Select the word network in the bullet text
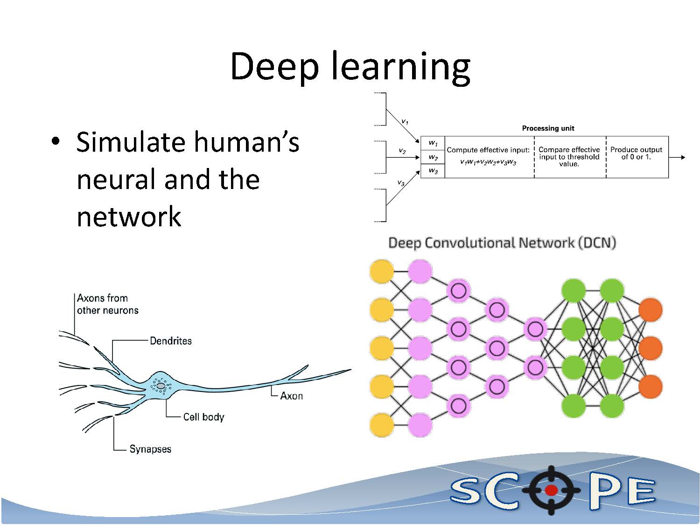(x=129, y=217)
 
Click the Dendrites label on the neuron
(x=170, y=341)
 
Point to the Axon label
(x=291, y=396)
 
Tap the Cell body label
(x=203, y=417)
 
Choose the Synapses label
(x=150, y=449)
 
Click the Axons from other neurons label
(x=107, y=304)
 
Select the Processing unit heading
(x=548, y=128)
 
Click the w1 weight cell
(x=433, y=143)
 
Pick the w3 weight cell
(x=433, y=171)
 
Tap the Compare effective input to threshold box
(x=569, y=157)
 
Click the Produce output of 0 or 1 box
(x=636, y=154)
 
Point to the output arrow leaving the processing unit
(x=677, y=157)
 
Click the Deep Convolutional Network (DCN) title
(x=502, y=243)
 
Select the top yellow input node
(x=382, y=272)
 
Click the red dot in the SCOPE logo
(x=551, y=490)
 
